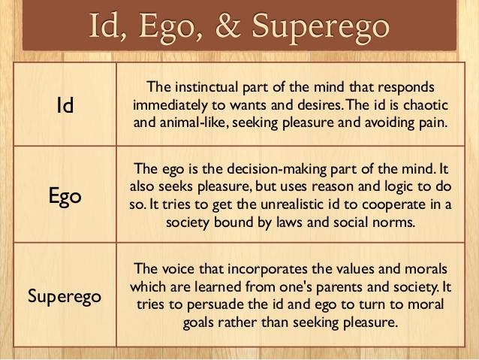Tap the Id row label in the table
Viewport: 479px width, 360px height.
coord(65,105)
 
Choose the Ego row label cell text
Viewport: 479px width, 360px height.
coord(65,195)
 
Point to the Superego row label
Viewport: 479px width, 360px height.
coord(65,296)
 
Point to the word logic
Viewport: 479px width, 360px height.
coord(398,187)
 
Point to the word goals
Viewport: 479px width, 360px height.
coord(198,323)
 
